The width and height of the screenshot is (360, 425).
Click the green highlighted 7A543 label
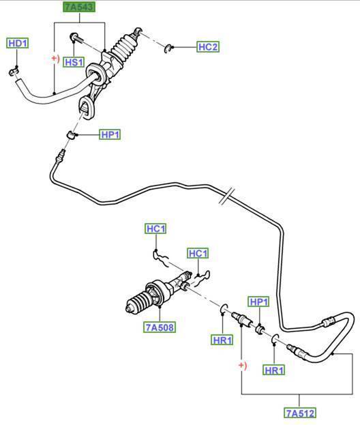(x=79, y=7)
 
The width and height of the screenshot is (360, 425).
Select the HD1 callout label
(x=18, y=44)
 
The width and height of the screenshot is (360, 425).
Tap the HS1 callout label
(x=74, y=62)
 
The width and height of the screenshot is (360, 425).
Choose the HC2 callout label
(x=208, y=47)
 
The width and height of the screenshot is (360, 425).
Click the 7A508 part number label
(x=160, y=327)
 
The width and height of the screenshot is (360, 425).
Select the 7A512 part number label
(x=300, y=413)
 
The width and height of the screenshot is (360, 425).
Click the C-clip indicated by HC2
(x=168, y=48)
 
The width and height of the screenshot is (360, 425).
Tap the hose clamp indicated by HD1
(x=13, y=72)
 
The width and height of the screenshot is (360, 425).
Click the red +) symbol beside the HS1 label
(x=55, y=58)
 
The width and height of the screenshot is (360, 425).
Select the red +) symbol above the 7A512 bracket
(x=243, y=366)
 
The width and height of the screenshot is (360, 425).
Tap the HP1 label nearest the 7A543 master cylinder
(x=110, y=134)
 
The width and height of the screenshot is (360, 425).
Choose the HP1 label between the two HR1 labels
(x=258, y=302)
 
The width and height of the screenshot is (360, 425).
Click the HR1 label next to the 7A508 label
(x=222, y=340)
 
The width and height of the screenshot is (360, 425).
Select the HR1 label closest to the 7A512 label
(x=274, y=370)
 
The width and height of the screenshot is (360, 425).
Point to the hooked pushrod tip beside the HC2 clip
(x=137, y=31)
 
